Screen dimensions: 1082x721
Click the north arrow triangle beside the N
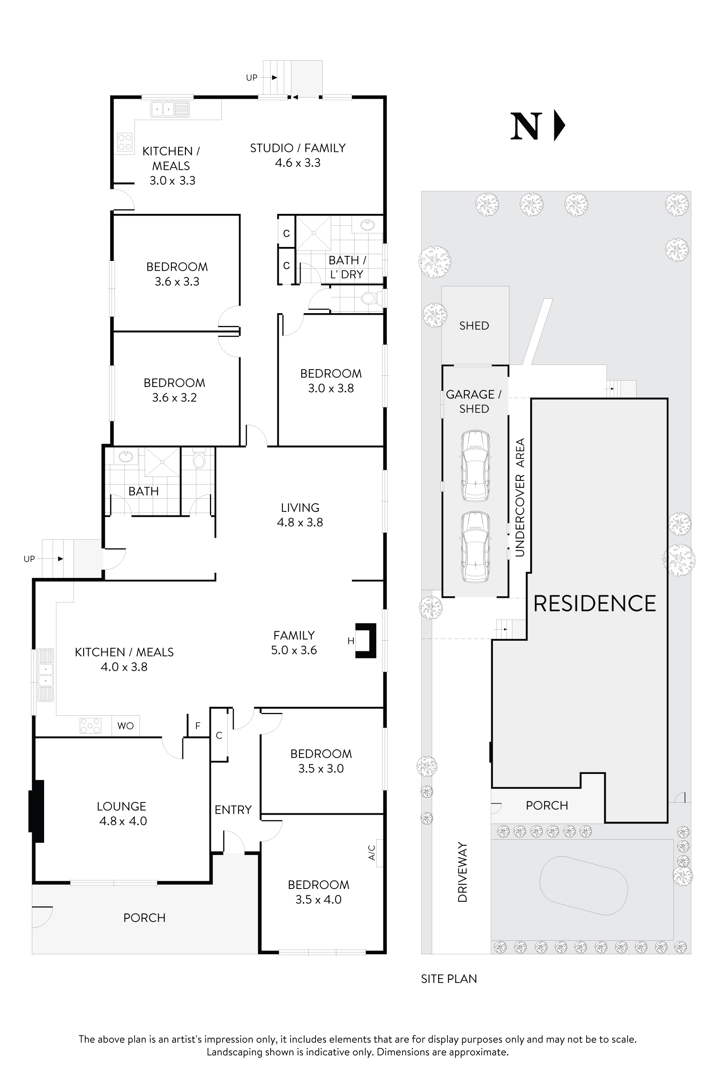[559, 125]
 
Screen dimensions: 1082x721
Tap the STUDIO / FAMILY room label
[297, 148]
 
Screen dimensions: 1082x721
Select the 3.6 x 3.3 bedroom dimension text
[177, 282]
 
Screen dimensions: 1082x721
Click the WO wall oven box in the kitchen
[126, 726]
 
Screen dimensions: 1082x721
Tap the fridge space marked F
[198, 726]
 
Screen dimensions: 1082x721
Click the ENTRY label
[233, 810]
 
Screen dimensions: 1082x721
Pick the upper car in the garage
[475, 465]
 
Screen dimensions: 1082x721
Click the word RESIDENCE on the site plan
[595, 603]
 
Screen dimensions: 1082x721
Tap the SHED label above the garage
[474, 326]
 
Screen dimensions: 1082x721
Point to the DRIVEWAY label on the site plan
[462, 872]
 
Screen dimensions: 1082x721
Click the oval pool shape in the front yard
[583, 885]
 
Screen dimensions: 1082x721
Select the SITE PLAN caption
[449, 978]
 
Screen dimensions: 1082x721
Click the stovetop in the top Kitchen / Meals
[125, 142]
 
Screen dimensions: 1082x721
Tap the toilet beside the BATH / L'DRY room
[368, 299]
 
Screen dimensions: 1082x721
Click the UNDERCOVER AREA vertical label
[520, 497]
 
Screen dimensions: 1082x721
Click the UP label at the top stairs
[252, 78]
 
